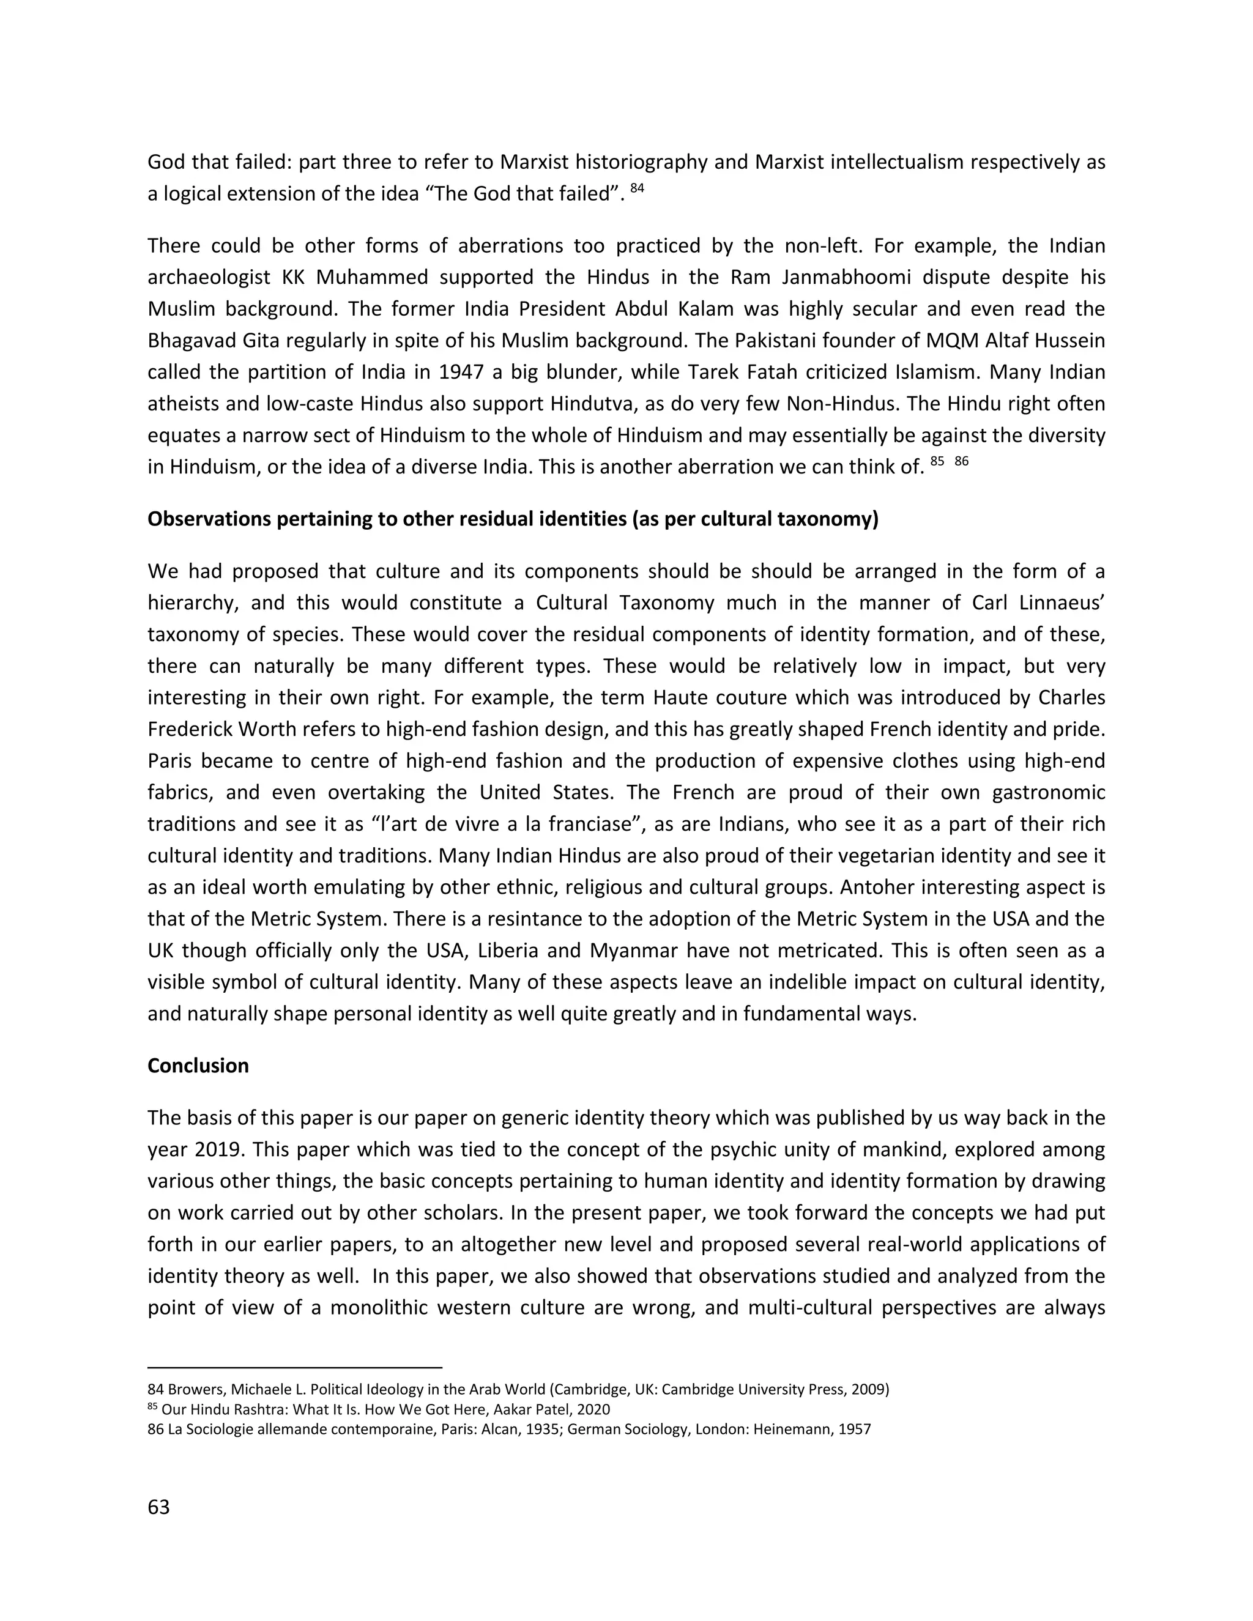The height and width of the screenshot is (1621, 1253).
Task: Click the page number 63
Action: click(159, 1507)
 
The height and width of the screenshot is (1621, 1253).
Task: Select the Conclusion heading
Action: click(198, 1065)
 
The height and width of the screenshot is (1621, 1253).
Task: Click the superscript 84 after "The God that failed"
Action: click(637, 188)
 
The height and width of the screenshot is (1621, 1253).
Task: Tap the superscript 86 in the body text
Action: click(961, 461)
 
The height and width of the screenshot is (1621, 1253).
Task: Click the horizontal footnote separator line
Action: click(295, 1367)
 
